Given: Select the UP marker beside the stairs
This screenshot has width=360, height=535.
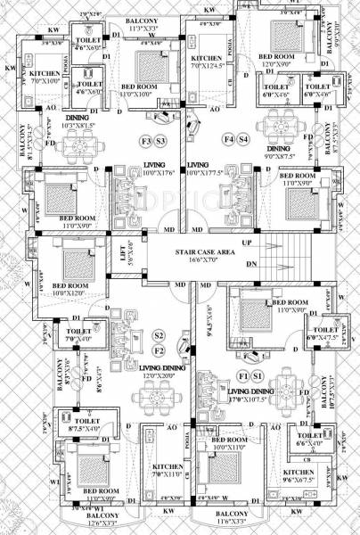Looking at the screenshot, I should point(247,243).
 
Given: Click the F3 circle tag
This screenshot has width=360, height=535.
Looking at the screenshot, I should point(146,142).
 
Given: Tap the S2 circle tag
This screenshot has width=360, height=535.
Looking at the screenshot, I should point(159,334).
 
